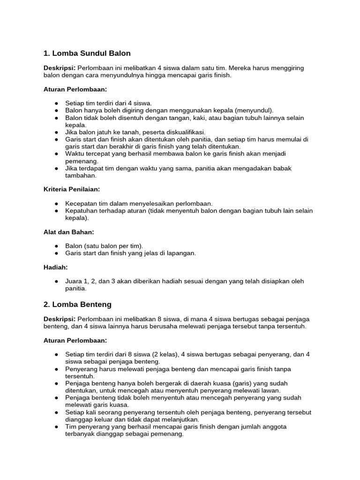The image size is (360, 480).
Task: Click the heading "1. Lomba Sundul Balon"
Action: point(87,53)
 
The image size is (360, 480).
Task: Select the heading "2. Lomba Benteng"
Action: point(77,304)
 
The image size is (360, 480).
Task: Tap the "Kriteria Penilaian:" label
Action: point(72,189)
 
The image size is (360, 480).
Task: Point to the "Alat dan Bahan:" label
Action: point(68,232)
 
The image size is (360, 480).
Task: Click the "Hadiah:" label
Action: point(56,267)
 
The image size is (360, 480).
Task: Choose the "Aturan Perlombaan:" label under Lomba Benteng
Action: point(75,340)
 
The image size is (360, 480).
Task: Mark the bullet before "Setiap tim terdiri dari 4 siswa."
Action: point(56,103)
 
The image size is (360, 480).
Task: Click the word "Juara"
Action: point(74,281)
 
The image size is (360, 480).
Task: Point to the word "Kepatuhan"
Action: point(80,211)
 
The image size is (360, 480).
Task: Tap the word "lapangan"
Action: point(181,253)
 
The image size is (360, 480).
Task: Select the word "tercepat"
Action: point(94,154)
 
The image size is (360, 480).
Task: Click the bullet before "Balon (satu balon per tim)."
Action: point(56,246)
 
